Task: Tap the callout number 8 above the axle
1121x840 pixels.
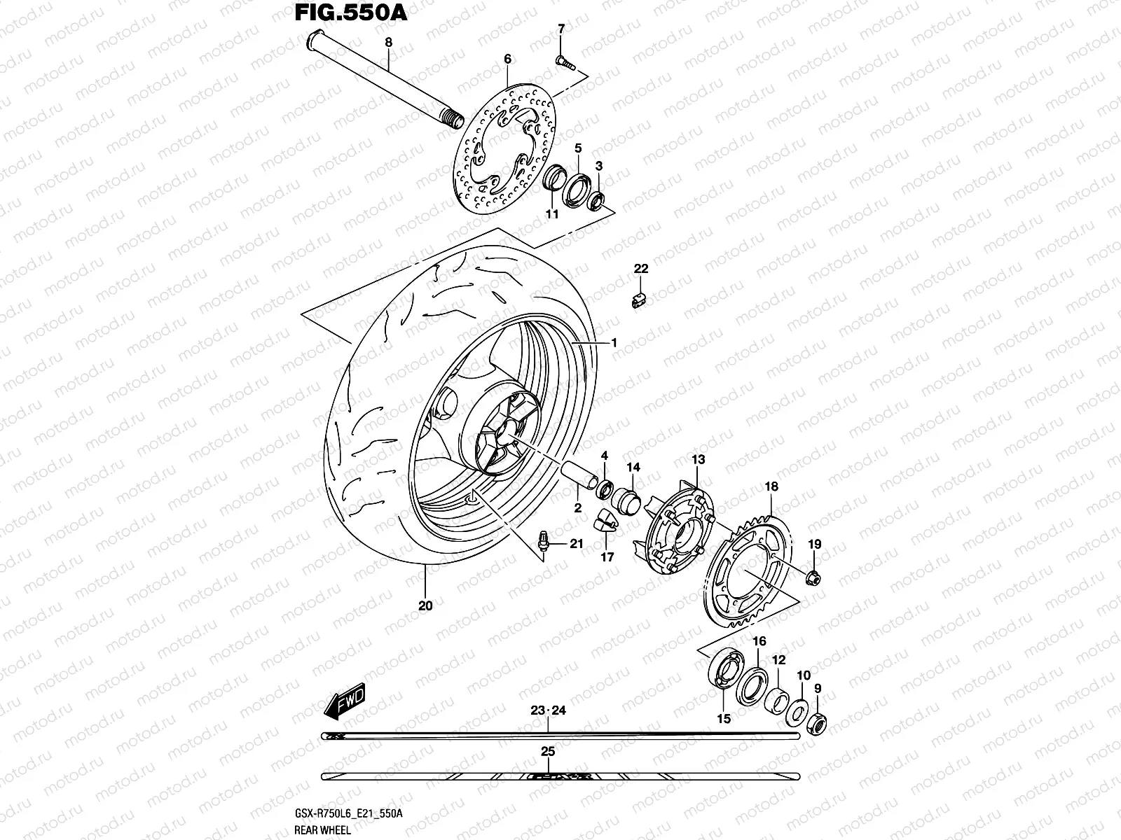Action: click(389, 42)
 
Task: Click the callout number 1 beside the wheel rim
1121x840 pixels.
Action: click(613, 343)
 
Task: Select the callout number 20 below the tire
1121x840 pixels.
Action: click(425, 605)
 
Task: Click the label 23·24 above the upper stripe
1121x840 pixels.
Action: click(548, 710)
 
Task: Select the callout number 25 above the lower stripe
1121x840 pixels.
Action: click(548, 752)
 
